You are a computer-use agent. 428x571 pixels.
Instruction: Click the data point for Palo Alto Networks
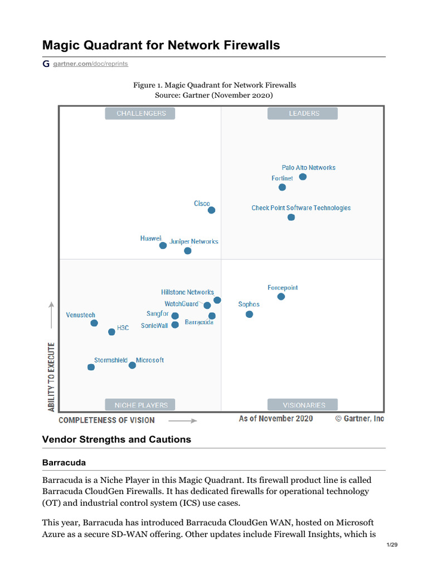point(303,177)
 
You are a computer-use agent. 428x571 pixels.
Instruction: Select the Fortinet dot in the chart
point(283,187)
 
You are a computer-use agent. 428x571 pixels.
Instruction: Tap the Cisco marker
point(212,210)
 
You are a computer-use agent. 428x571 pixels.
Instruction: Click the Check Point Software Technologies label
point(301,208)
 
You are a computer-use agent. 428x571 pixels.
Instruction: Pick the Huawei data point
point(163,245)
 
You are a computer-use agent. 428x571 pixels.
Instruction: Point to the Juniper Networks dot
point(188,251)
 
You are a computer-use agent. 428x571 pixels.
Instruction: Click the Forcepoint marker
point(281,297)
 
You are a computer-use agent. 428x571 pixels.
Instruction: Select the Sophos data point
point(249,314)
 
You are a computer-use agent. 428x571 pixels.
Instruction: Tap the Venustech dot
point(94,323)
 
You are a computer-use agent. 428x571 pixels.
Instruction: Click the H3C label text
point(123,328)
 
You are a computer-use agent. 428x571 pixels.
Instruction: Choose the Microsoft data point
point(132,365)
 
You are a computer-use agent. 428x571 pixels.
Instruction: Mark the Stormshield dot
point(91,367)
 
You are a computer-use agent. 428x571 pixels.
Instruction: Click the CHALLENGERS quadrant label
point(140,113)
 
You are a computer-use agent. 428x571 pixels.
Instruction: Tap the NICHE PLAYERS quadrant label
point(140,405)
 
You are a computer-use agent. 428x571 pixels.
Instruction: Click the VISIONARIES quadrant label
point(304,405)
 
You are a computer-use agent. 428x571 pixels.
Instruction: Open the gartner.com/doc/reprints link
point(90,64)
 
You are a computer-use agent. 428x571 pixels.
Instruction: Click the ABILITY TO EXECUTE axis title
point(52,377)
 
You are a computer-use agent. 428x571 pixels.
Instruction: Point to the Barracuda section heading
point(64,463)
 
